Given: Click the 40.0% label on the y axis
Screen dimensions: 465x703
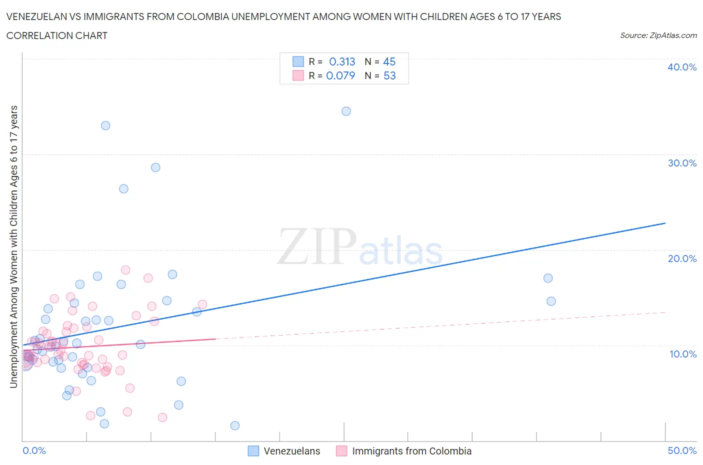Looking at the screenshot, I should (x=681, y=67).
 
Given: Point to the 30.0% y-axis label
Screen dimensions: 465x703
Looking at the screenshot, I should (x=681, y=163).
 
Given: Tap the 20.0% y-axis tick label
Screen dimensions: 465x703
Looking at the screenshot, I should (x=681, y=258).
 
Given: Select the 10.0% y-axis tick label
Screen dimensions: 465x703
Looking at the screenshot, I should (x=682, y=354).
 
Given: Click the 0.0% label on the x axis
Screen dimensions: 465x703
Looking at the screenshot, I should (x=34, y=450).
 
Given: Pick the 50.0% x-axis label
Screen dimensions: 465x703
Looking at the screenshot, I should (x=682, y=450).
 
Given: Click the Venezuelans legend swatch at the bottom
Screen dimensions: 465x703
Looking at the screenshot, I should (x=253, y=451).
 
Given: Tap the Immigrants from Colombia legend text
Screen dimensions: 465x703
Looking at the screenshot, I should (x=411, y=451).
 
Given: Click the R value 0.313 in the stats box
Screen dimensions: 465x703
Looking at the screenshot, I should (x=342, y=61).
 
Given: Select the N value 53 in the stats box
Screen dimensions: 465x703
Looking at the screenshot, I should (x=389, y=75).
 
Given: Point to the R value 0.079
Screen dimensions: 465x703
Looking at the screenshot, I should (x=340, y=75).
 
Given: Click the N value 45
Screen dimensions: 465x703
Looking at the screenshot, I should (x=389, y=61).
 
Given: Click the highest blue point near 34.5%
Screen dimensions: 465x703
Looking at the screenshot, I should (x=346, y=111).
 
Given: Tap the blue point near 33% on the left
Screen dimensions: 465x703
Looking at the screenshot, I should (x=105, y=125).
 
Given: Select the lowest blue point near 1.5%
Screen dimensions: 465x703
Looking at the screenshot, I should (x=235, y=425).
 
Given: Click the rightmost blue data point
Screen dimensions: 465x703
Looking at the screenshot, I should (x=551, y=301).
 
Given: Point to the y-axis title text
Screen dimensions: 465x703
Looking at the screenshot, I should (x=13, y=246).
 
